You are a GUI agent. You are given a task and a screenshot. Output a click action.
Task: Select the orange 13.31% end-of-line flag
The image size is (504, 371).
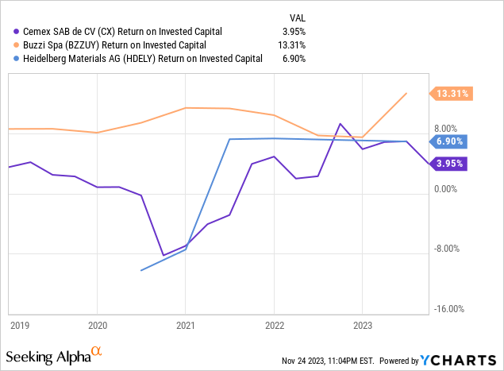click(x=452, y=94)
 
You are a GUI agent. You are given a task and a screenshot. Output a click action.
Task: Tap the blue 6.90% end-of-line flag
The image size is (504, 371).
click(x=452, y=141)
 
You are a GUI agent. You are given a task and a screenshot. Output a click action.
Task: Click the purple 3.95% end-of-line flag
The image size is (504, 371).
click(x=450, y=164)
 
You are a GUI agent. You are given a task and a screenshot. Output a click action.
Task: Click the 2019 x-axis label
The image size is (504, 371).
click(x=18, y=324)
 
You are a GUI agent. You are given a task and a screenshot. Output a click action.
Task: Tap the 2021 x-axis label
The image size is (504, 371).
click(x=186, y=324)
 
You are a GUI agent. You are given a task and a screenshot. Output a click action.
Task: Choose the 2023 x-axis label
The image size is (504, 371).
click(x=362, y=324)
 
